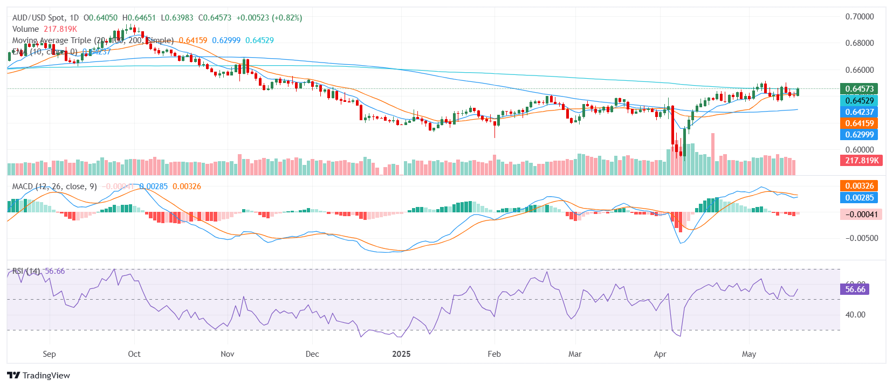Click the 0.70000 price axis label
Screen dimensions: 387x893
click(x=859, y=17)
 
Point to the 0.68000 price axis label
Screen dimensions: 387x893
click(x=859, y=43)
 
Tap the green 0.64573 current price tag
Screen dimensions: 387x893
click(x=859, y=89)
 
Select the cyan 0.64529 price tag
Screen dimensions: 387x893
click(x=859, y=101)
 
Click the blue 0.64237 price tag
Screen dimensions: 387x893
click(x=859, y=112)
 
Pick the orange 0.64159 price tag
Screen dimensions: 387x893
click(x=859, y=123)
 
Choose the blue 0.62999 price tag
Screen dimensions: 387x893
click(x=859, y=135)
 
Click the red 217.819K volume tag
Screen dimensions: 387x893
click(x=862, y=161)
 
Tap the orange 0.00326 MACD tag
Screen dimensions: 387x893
click(x=859, y=186)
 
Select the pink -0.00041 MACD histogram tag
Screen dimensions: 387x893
click(x=861, y=215)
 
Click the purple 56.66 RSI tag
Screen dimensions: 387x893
click(x=855, y=289)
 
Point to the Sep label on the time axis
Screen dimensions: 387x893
click(x=49, y=354)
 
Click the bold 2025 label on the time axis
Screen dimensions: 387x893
click(x=401, y=354)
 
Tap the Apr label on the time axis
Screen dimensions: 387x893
click(x=660, y=354)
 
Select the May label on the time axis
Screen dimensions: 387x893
click(x=749, y=354)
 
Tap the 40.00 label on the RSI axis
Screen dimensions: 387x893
click(x=856, y=315)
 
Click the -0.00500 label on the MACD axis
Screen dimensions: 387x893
click(x=861, y=238)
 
